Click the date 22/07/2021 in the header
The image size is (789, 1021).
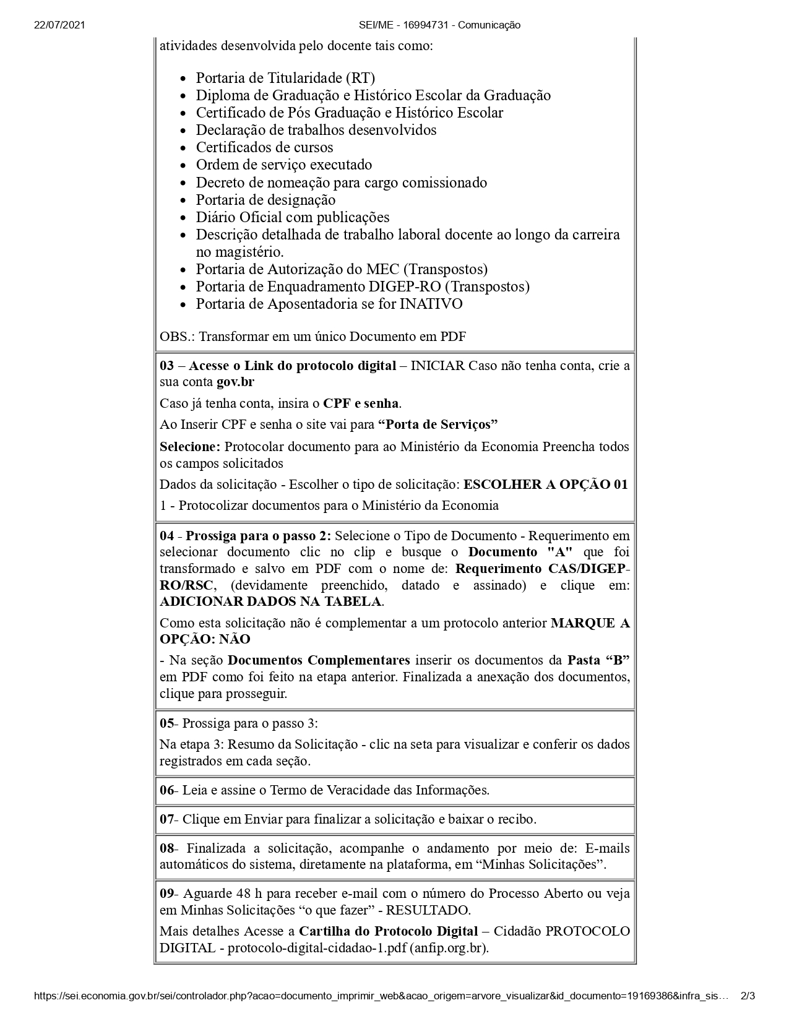click(x=59, y=25)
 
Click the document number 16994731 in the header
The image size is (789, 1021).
click(x=425, y=25)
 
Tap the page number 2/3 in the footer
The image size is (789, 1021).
click(x=748, y=996)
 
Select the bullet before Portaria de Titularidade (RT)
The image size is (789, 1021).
click(x=183, y=79)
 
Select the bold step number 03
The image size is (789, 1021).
click(x=167, y=365)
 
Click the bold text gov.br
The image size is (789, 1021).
click(x=235, y=382)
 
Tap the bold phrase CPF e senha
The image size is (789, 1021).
click(x=361, y=403)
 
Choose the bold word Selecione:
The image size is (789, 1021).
click(x=189, y=447)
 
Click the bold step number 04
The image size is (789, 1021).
click(x=167, y=535)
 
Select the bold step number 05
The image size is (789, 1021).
click(x=167, y=723)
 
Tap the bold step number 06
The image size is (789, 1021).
click(x=167, y=790)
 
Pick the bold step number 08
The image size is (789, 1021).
click(x=167, y=848)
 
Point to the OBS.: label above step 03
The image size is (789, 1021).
click(x=176, y=337)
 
